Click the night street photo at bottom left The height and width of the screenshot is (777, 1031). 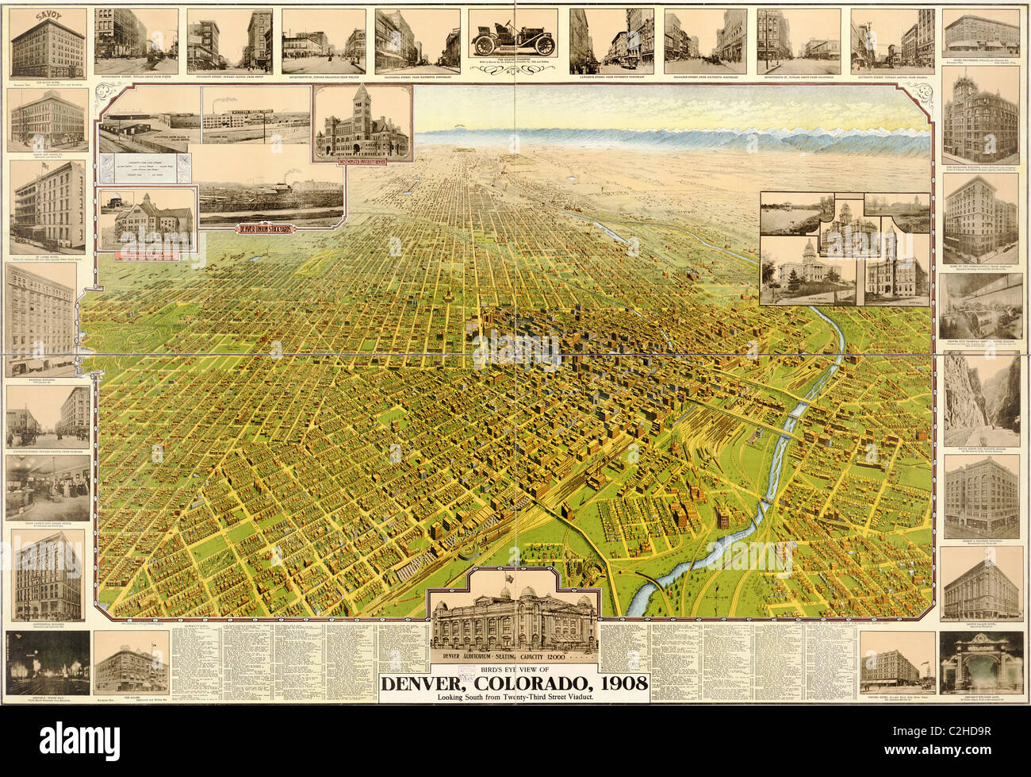(x=47, y=663)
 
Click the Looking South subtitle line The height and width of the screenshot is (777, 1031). (x=514, y=698)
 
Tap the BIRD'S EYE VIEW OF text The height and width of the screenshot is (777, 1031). (x=514, y=669)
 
